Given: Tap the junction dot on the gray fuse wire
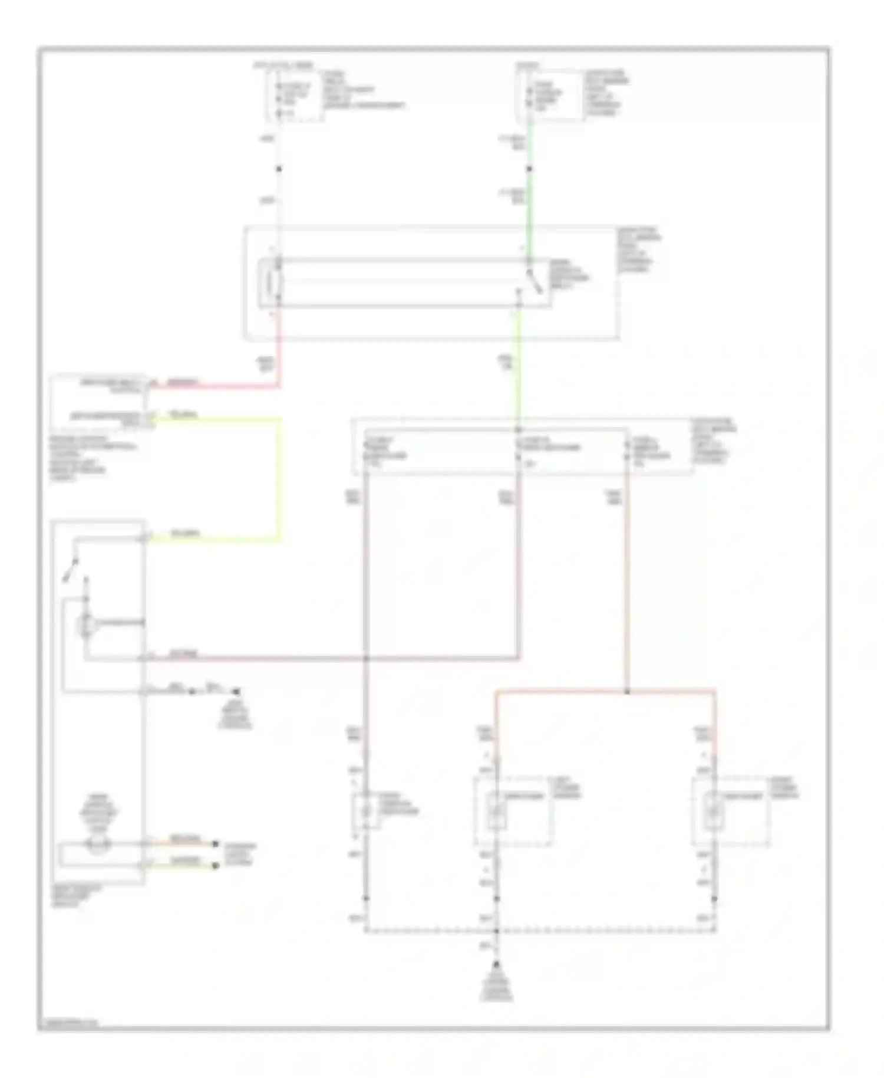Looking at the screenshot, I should [279, 169].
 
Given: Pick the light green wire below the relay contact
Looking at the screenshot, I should [519, 377].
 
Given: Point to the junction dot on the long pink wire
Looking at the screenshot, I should [365, 658].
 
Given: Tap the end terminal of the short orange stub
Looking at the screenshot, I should [216, 844].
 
